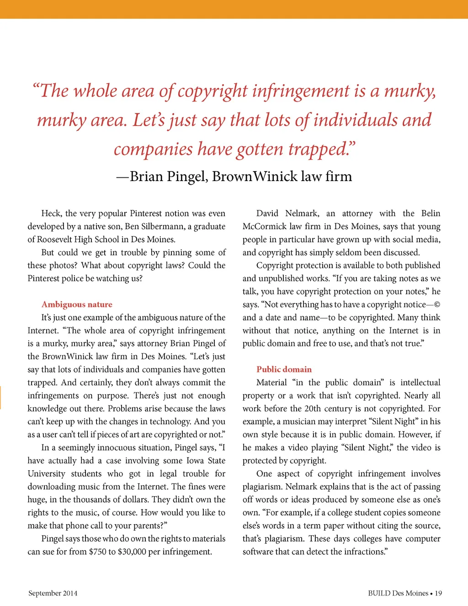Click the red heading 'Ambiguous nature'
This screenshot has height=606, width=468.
(77, 305)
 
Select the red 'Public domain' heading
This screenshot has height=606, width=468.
(284, 370)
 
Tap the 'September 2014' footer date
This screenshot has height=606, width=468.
(53, 593)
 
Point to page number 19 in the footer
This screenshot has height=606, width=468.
(438, 593)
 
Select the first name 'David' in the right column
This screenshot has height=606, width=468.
(267, 213)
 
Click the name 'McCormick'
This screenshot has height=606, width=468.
(265, 226)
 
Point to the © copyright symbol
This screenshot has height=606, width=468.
(437, 305)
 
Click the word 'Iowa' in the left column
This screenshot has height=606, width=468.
(195, 461)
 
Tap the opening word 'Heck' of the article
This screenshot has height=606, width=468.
(51, 213)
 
